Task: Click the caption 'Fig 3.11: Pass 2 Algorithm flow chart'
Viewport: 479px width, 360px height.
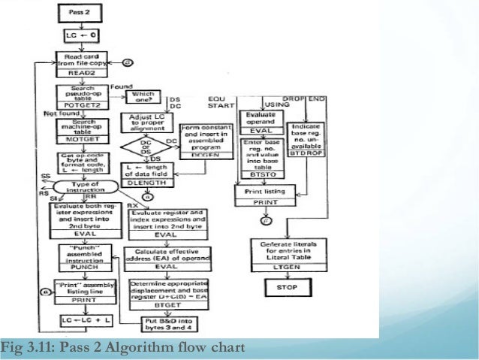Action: point(123,349)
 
